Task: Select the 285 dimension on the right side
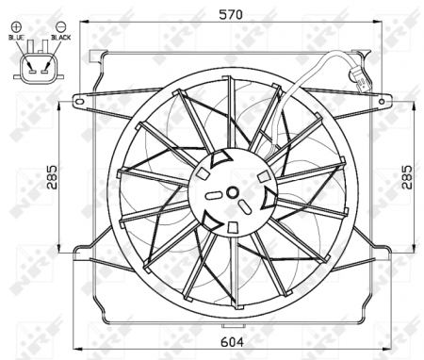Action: [x=406, y=176]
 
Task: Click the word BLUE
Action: [x=18, y=37]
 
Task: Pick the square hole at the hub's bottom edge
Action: [x=233, y=227]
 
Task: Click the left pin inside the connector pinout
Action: [x=27, y=68]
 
